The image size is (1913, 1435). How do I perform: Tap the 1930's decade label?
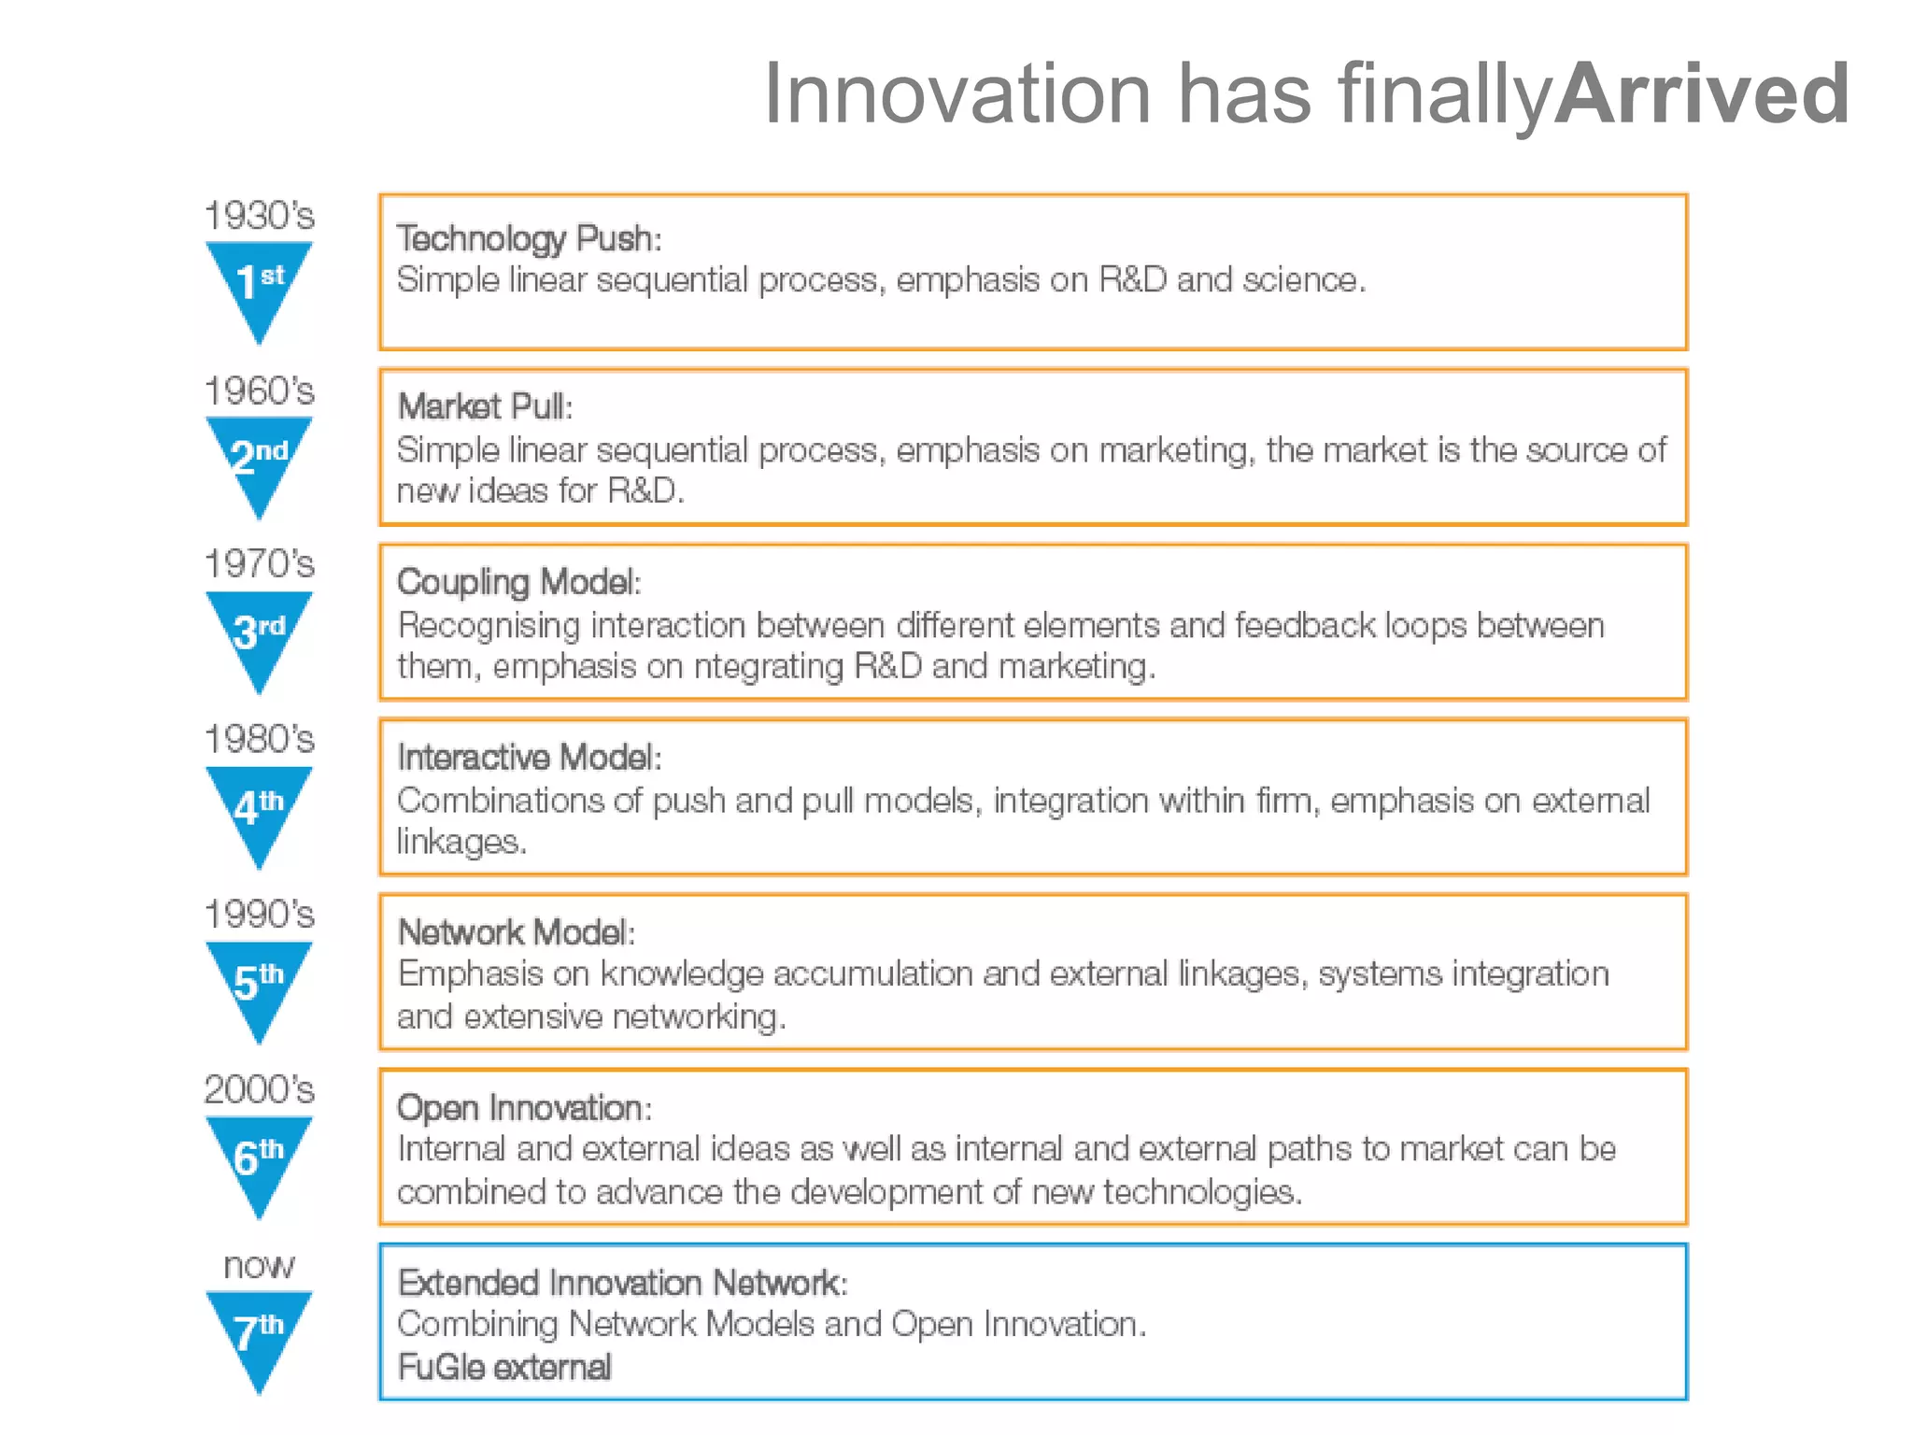click(259, 216)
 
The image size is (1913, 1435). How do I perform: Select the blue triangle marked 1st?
click(259, 281)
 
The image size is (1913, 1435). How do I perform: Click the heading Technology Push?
click(529, 238)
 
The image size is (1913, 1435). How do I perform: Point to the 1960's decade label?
click(259, 391)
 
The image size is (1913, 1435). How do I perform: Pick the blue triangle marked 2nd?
click(259, 457)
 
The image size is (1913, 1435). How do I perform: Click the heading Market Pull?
click(484, 406)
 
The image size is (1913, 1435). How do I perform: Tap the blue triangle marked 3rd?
click(259, 632)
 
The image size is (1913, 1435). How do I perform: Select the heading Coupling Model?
click(518, 582)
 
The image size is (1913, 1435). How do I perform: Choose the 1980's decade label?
click(259, 739)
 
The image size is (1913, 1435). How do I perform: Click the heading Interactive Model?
click(529, 757)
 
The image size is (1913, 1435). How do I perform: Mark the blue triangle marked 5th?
click(259, 981)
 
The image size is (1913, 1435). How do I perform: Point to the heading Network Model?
click(516, 932)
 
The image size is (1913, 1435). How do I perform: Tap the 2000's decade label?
click(259, 1089)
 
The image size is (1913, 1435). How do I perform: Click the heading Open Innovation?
click(523, 1107)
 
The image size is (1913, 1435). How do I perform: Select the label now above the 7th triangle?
click(259, 1266)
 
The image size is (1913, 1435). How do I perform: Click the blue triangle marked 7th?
click(259, 1331)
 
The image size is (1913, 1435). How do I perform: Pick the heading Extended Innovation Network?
click(621, 1283)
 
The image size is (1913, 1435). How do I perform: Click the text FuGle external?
click(504, 1367)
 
